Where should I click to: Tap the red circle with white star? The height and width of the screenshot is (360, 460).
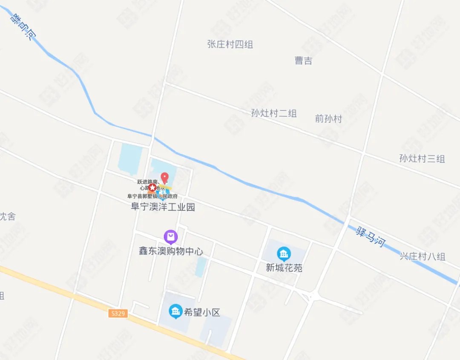[x=152, y=187]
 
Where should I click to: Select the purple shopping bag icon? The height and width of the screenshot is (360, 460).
[x=170, y=236]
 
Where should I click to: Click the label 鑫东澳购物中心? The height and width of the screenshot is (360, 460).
[x=171, y=251]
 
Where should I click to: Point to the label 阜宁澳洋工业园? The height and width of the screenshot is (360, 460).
[x=163, y=207]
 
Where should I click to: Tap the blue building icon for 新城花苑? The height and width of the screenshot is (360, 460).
[x=284, y=254]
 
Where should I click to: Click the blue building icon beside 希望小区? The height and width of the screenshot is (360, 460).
[x=175, y=311]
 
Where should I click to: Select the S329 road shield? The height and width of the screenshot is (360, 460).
[x=118, y=314]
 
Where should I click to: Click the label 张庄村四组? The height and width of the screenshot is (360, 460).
[x=230, y=44]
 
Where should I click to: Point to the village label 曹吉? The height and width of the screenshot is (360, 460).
[x=303, y=60]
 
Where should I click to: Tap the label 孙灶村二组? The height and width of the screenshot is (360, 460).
[x=273, y=113]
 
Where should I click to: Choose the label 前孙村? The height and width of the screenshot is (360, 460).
[x=328, y=119]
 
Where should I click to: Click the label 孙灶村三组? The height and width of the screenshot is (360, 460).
[x=422, y=159]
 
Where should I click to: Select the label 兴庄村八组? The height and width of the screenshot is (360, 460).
[x=422, y=256]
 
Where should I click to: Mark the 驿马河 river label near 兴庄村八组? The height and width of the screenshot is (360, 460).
[x=371, y=237]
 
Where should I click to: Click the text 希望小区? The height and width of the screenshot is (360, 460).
[x=202, y=312]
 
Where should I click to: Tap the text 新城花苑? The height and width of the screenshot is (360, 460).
[x=284, y=268]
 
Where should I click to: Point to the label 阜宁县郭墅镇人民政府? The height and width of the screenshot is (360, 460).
[x=152, y=196]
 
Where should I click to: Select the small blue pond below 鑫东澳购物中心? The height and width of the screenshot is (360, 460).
[x=200, y=267]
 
